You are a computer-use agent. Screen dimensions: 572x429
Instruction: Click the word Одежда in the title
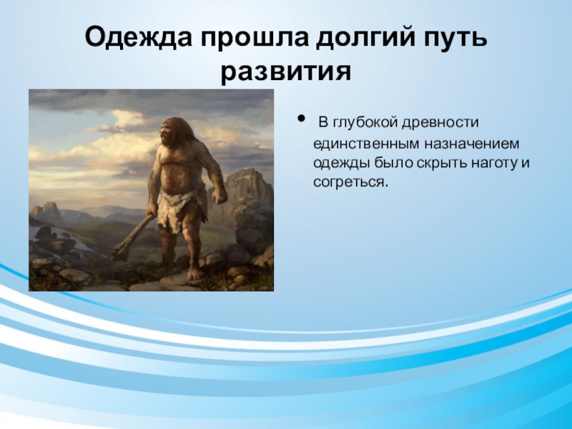pyautogui.click(x=138, y=38)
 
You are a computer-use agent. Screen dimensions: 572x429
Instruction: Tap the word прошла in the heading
pyautogui.click(x=254, y=38)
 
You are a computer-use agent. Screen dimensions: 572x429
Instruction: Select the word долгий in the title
pyautogui.click(x=365, y=38)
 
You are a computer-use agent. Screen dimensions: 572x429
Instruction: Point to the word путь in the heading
pyautogui.click(x=455, y=38)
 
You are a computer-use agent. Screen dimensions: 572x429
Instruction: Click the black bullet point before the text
pyautogui.click(x=302, y=118)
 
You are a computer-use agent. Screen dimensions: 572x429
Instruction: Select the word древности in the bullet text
pyautogui.click(x=440, y=123)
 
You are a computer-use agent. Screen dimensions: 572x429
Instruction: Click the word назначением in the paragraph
pyautogui.click(x=471, y=144)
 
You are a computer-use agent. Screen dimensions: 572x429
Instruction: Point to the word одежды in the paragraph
pyautogui.click(x=341, y=163)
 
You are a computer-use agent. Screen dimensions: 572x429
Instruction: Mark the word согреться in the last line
pyautogui.click(x=350, y=182)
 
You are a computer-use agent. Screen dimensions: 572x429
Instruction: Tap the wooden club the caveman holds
pyautogui.click(x=132, y=238)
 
